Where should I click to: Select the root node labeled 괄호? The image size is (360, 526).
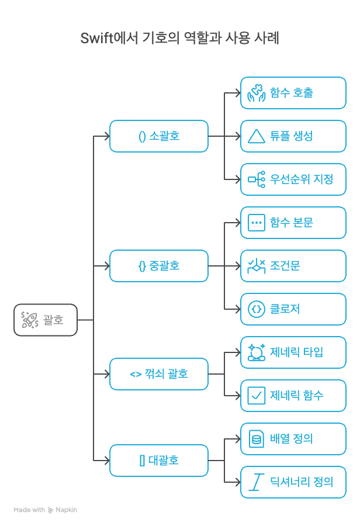pyautogui.click(x=46, y=320)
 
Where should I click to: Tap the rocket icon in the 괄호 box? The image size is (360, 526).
pyautogui.click(x=30, y=320)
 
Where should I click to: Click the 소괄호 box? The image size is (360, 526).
pyautogui.click(x=158, y=136)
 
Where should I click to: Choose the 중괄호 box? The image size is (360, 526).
pyautogui.click(x=158, y=266)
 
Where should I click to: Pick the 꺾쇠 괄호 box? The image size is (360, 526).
pyautogui.click(x=158, y=374)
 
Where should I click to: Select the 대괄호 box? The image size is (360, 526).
pyautogui.click(x=158, y=461)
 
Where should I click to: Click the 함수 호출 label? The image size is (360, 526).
pyautogui.click(x=292, y=93)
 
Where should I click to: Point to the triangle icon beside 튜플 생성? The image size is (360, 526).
pyautogui.click(x=256, y=136)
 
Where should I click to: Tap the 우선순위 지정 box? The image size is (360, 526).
pyautogui.click(x=293, y=179)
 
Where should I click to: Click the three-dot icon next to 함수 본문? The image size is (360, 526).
pyautogui.click(x=256, y=223)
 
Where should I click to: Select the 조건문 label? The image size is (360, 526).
pyautogui.click(x=285, y=266)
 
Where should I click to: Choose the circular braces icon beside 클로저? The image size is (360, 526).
pyautogui.click(x=256, y=309)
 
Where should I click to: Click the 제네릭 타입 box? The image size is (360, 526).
pyautogui.click(x=293, y=352)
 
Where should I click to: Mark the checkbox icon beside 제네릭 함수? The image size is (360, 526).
pyautogui.click(x=256, y=396)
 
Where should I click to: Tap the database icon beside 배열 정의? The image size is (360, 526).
pyautogui.click(x=256, y=439)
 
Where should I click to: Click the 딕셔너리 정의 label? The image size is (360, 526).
pyautogui.click(x=302, y=482)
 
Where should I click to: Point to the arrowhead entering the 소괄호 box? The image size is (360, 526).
pyautogui.click(x=106, y=136)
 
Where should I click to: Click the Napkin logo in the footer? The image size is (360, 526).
pyautogui.click(x=51, y=510)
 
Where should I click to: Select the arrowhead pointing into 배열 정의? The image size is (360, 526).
pyautogui.click(x=237, y=439)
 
